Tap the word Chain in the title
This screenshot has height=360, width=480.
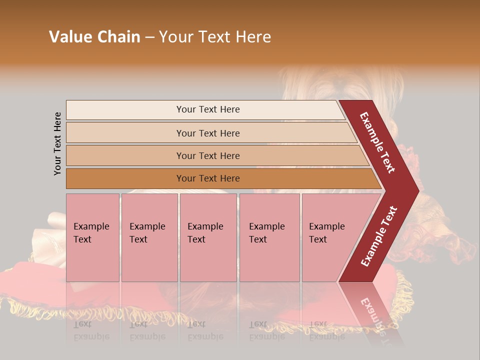(x=118, y=37)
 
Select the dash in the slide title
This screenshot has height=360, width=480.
(x=149, y=37)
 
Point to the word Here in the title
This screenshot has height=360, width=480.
(x=253, y=37)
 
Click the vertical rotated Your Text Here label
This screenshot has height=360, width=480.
(x=57, y=143)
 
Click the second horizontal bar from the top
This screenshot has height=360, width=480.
(x=208, y=133)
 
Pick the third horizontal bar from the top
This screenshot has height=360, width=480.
(x=208, y=155)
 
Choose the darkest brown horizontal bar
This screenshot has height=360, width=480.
(x=208, y=178)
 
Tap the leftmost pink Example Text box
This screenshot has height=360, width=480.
(x=92, y=237)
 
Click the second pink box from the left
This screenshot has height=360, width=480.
(x=149, y=237)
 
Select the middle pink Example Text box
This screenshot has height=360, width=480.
(x=208, y=237)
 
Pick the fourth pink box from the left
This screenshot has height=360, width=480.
(x=269, y=237)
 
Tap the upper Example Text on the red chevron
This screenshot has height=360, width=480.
(x=377, y=142)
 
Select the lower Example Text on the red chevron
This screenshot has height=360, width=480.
(x=379, y=236)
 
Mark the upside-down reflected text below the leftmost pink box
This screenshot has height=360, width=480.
(x=91, y=330)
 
